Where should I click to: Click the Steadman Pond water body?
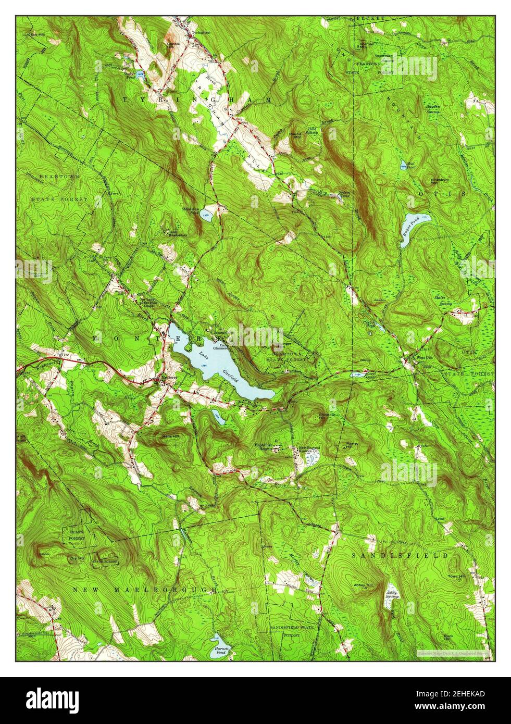(207, 217)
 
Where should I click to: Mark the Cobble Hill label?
(173, 45)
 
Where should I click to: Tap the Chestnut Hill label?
(326, 417)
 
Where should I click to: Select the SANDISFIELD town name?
(398, 556)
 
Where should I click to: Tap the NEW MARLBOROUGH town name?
(144, 590)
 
